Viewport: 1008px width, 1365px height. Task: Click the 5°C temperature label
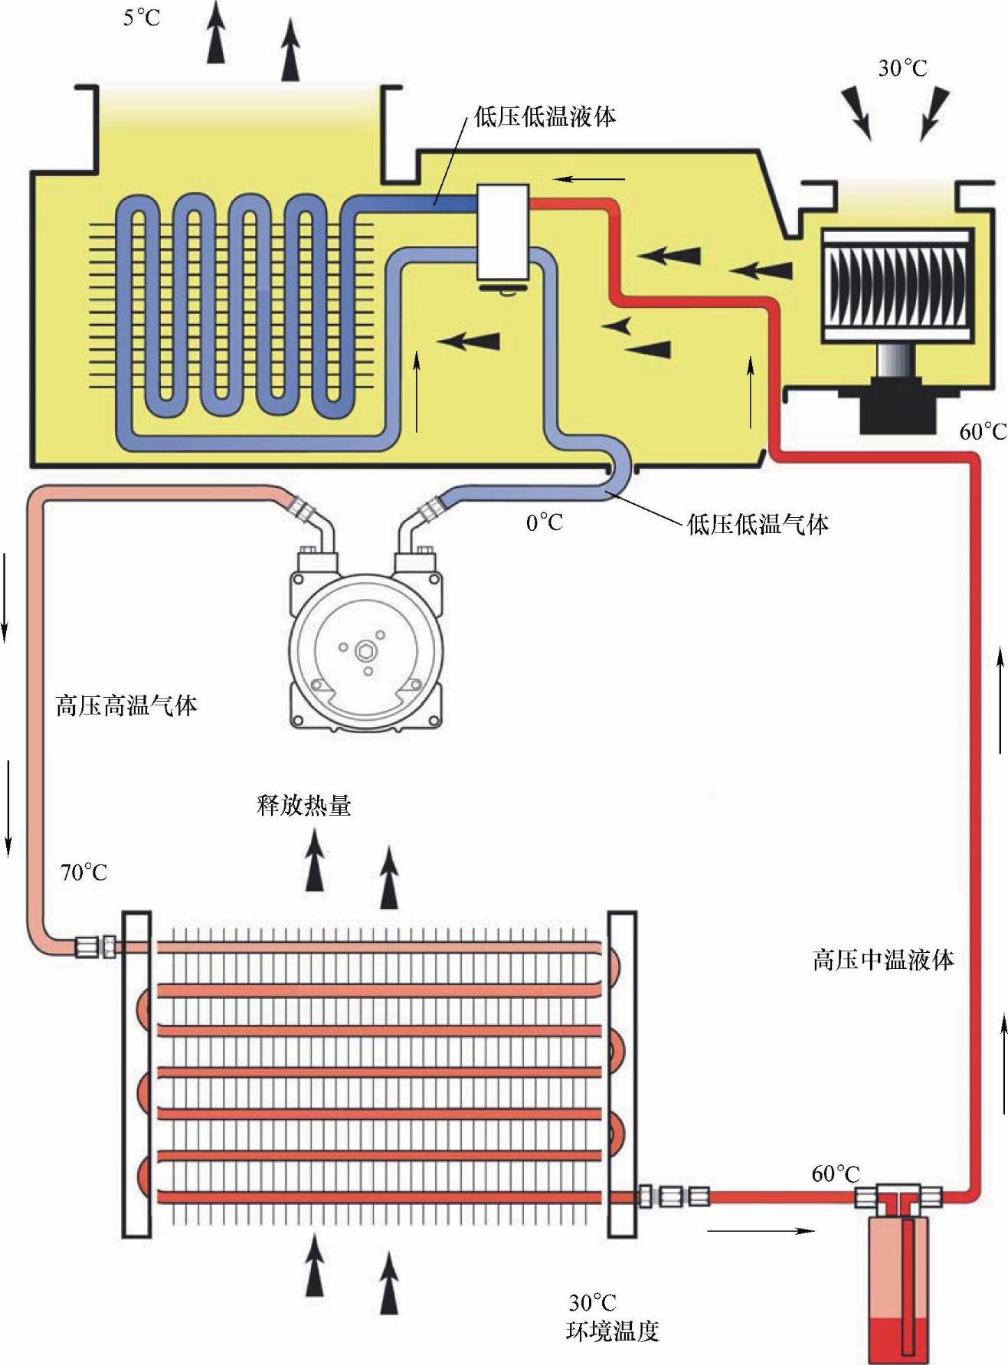pyautogui.click(x=142, y=17)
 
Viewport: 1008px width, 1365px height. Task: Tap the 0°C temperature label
pyautogui.click(x=544, y=523)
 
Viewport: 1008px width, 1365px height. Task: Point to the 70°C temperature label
pyautogui.click(x=83, y=872)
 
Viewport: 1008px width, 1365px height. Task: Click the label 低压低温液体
pyautogui.click(x=545, y=117)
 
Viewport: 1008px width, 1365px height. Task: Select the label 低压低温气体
pyautogui.click(x=758, y=525)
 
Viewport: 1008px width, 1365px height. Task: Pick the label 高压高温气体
pyautogui.click(x=126, y=705)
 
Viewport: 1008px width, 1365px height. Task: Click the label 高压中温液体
pyautogui.click(x=883, y=960)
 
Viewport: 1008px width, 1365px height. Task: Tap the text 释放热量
pyautogui.click(x=304, y=806)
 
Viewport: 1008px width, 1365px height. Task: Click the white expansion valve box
pyautogui.click(x=502, y=231)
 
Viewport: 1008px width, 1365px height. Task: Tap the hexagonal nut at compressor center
pyautogui.click(x=365, y=650)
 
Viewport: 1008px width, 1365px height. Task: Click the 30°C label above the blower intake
pyautogui.click(x=902, y=69)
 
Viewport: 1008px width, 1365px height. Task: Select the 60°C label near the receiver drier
pyautogui.click(x=835, y=1174)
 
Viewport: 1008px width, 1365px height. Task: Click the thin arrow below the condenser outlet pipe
pyautogui.click(x=760, y=1231)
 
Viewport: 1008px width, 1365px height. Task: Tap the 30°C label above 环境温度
pyautogui.click(x=592, y=1303)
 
